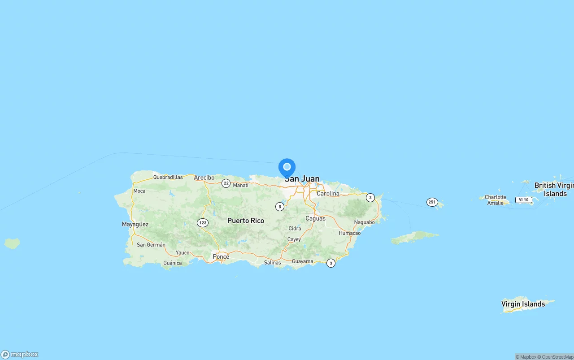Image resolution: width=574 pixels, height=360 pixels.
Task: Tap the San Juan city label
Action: [302, 179]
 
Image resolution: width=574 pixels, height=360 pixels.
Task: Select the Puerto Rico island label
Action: [245, 221]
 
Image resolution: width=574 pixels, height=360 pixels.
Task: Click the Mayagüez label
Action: [135, 224]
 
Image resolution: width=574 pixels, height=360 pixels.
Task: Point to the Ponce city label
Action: [221, 256]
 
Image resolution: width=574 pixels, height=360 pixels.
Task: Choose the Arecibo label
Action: [204, 178]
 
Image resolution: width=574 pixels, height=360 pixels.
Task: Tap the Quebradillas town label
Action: [168, 177]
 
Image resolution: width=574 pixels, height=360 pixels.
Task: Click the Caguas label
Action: [315, 218]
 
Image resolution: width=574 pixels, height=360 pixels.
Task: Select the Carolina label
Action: [328, 194]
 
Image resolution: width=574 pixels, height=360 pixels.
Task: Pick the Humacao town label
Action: [350, 233]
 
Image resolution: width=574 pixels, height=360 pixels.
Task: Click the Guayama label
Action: [302, 261]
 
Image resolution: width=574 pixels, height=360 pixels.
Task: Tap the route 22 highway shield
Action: [226, 183]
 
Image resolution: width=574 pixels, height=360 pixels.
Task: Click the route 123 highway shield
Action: [203, 222]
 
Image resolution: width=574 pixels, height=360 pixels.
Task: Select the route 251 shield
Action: [432, 202]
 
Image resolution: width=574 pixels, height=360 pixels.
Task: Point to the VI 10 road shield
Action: [523, 200]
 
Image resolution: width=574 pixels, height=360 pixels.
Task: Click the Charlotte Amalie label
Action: [495, 200]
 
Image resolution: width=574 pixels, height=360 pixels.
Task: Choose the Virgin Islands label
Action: [523, 304]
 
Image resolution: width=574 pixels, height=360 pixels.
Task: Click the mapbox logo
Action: [20, 354]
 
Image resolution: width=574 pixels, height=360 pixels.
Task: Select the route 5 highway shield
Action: [280, 207]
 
